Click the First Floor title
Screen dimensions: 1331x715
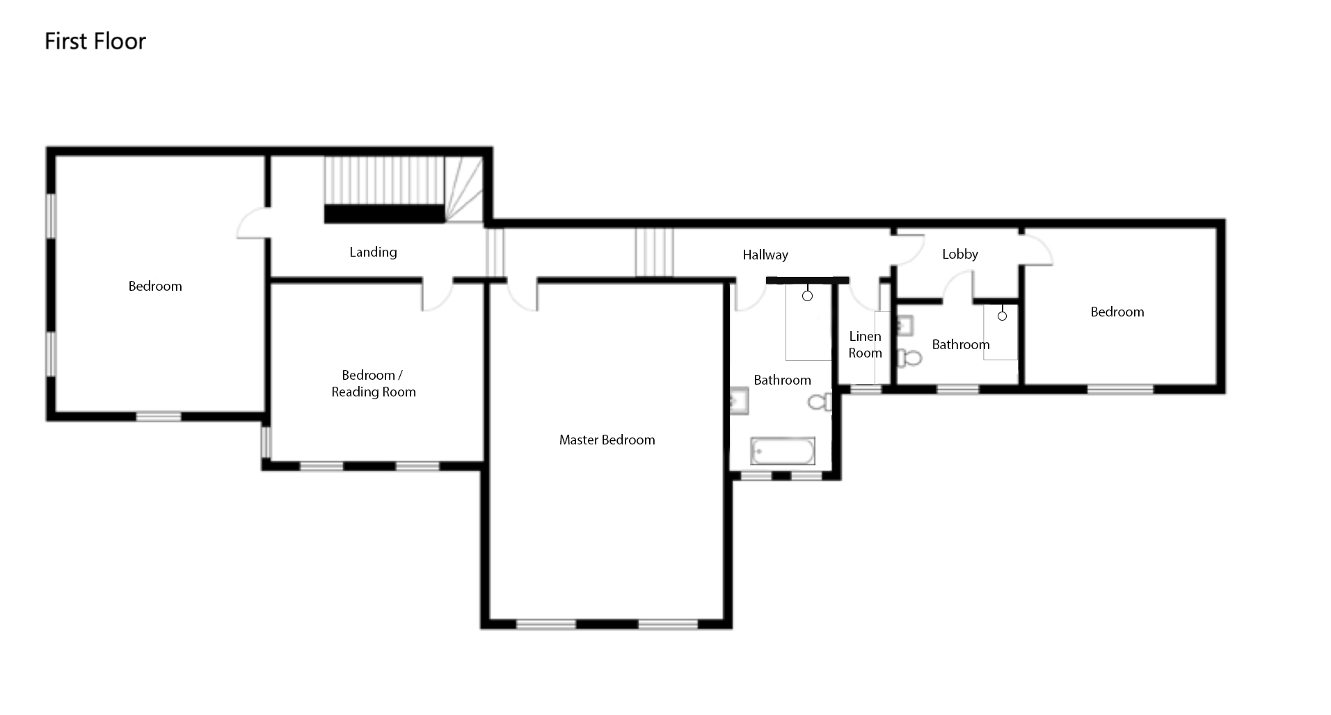(x=95, y=41)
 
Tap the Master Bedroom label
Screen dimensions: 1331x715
(x=607, y=440)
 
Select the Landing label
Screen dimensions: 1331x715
(x=373, y=252)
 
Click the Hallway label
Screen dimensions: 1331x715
(x=765, y=255)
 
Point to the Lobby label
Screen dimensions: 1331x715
(x=960, y=255)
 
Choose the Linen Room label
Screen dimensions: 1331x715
(x=865, y=344)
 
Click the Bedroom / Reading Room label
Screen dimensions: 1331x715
(x=374, y=383)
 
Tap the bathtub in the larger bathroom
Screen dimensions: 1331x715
(x=782, y=451)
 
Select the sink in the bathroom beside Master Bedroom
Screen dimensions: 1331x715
(x=739, y=401)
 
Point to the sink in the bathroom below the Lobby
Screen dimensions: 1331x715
(x=904, y=326)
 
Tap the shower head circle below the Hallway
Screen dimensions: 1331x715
(x=807, y=296)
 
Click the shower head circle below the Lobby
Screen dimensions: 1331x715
(x=1002, y=316)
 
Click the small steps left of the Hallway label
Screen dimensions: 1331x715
(x=654, y=252)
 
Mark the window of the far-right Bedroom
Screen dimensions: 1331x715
(x=1120, y=389)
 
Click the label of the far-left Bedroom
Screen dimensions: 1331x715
(x=155, y=286)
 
